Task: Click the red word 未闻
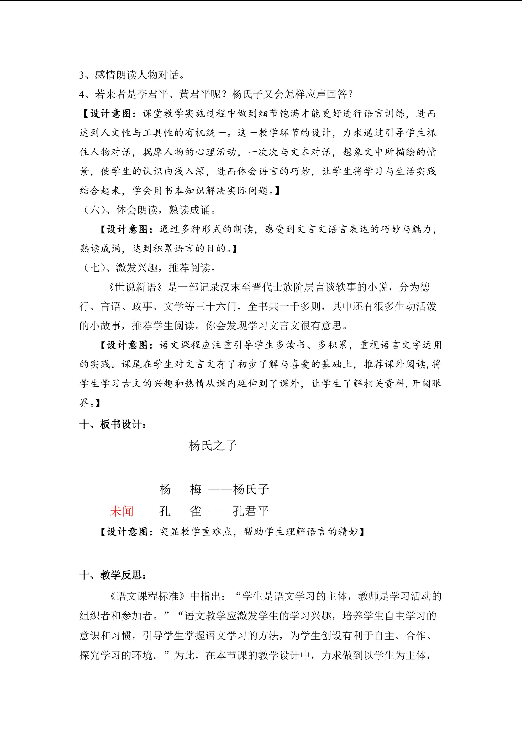(121, 511)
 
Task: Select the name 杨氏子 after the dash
(251, 489)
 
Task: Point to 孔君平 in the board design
(251, 511)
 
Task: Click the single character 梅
(196, 489)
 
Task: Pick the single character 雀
(196, 511)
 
